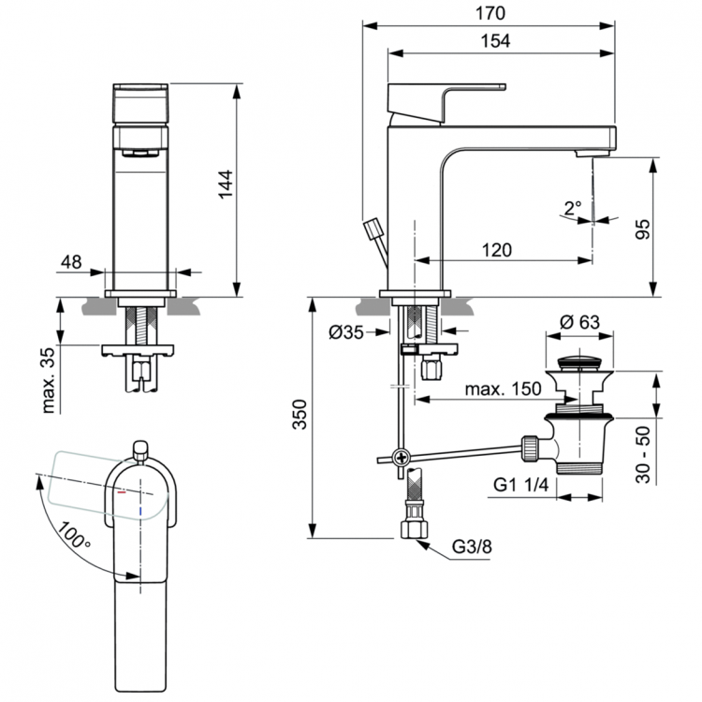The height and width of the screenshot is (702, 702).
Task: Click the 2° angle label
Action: click(x=573, y=208)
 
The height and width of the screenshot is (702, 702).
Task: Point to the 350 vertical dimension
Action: click(x=298, y=418)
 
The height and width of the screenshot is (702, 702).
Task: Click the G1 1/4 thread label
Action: click(x=519, y=486)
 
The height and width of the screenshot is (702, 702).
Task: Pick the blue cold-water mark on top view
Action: click(x=139, y=512)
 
